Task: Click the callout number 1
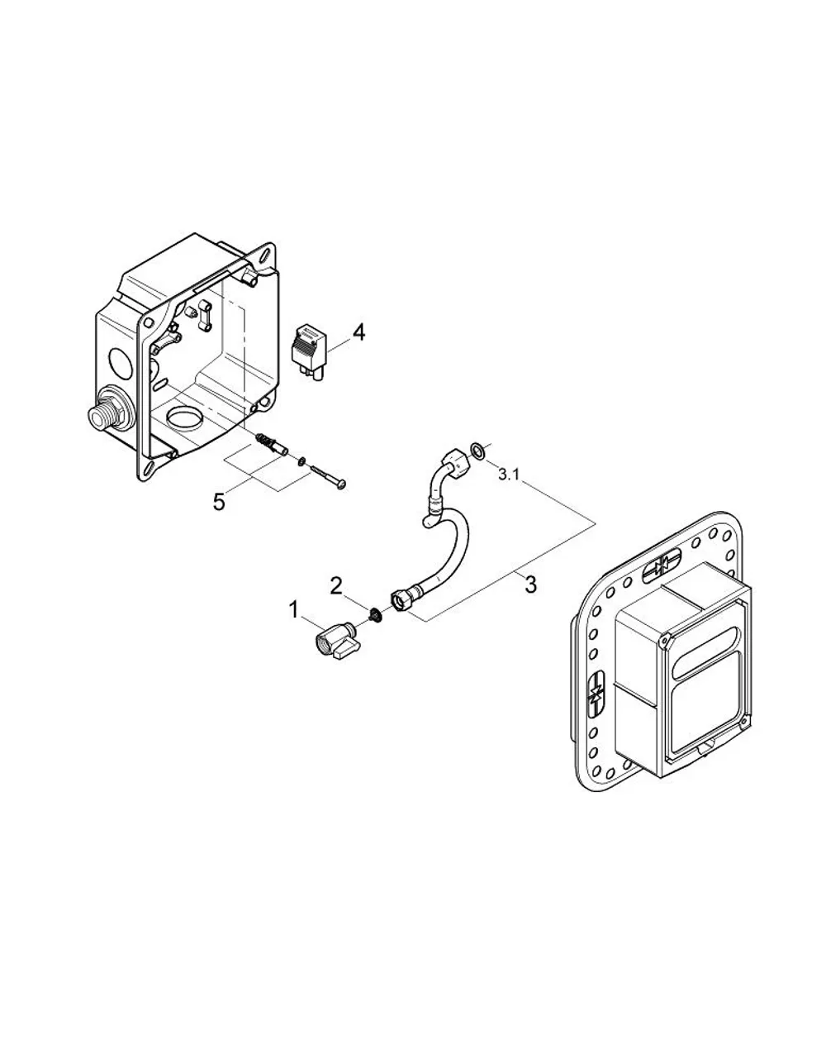[x=294, y=610]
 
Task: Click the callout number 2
[x=336, y=586]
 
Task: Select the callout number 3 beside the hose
[x=530, y=584]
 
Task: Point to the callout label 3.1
[x=509, y=475]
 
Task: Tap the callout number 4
[x=359, y=333]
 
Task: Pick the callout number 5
[x=219, y=501]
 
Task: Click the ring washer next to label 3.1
[x=477, y=450]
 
